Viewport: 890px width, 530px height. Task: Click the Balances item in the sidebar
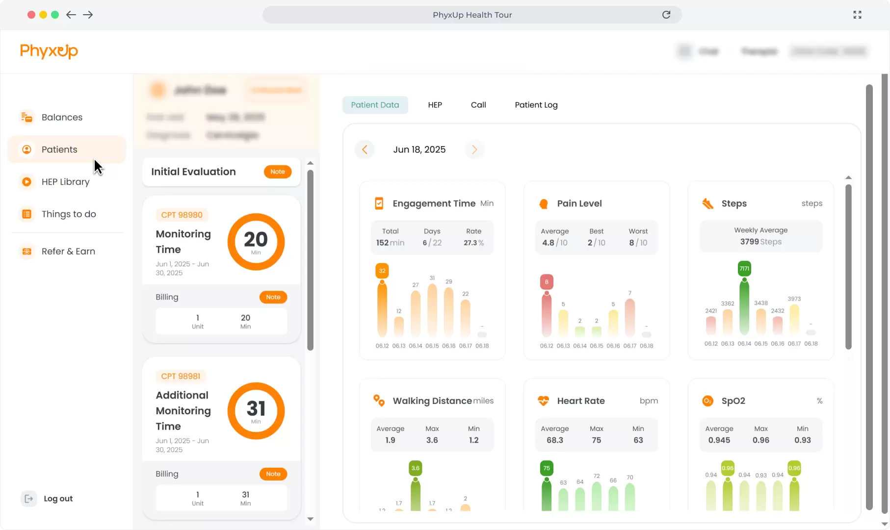61,117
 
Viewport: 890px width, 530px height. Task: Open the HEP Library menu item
65,182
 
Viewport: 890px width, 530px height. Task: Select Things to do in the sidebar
68,214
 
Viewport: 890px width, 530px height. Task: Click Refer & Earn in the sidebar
68,252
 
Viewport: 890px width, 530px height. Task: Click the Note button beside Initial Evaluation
277,172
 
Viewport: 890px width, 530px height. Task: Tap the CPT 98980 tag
182,215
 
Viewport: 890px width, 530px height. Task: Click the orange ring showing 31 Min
256,410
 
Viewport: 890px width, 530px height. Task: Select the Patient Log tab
536,105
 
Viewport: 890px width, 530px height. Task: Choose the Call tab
478,105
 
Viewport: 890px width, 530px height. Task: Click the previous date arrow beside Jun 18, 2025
365,150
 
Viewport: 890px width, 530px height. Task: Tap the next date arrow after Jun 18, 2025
474,150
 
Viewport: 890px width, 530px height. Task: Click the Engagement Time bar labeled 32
382,309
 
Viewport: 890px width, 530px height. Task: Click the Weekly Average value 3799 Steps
760,242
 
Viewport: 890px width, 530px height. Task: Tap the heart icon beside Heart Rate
543,401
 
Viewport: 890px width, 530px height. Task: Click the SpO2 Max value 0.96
760,440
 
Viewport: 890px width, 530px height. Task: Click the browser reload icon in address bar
666,15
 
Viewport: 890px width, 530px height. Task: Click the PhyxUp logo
49,51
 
